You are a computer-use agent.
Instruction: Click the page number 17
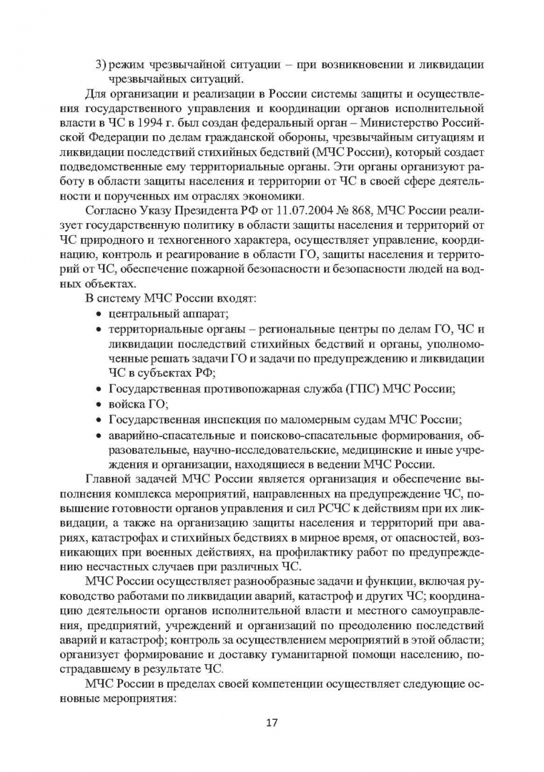(272, 721)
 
